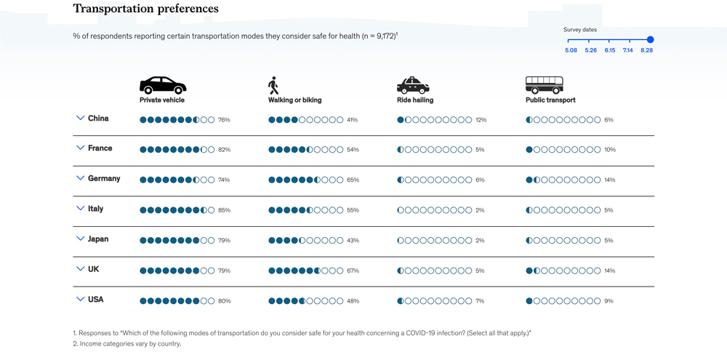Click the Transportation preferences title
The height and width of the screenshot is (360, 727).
point(145,9)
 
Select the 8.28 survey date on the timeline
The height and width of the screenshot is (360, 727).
point(650,40)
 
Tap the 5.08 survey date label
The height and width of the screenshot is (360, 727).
point(571,50)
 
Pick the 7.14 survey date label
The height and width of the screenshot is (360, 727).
point(628,50)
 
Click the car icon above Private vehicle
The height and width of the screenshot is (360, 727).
point(163,85)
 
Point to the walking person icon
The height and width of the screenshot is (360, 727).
point(273,86)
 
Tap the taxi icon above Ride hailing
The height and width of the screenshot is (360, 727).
point(412,85)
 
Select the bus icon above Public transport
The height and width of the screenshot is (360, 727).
point(545,85)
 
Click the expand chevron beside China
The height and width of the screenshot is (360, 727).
point(81,118)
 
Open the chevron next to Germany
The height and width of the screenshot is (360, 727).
point(81,178)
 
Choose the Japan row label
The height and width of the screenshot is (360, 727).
point(98,239)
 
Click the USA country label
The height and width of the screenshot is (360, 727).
point(95,299)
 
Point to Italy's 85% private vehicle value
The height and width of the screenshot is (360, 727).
point(224,210)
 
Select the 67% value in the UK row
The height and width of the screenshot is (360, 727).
point(353,271)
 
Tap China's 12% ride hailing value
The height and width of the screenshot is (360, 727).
point(481,119)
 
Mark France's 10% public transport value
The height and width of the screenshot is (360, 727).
point(609,150)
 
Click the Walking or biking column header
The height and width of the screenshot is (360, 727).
point(294,100)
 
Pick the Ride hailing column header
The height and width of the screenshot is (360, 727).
point(415,100)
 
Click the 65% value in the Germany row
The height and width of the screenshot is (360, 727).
point(353,180)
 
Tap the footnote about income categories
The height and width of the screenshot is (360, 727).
point(126,344)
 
